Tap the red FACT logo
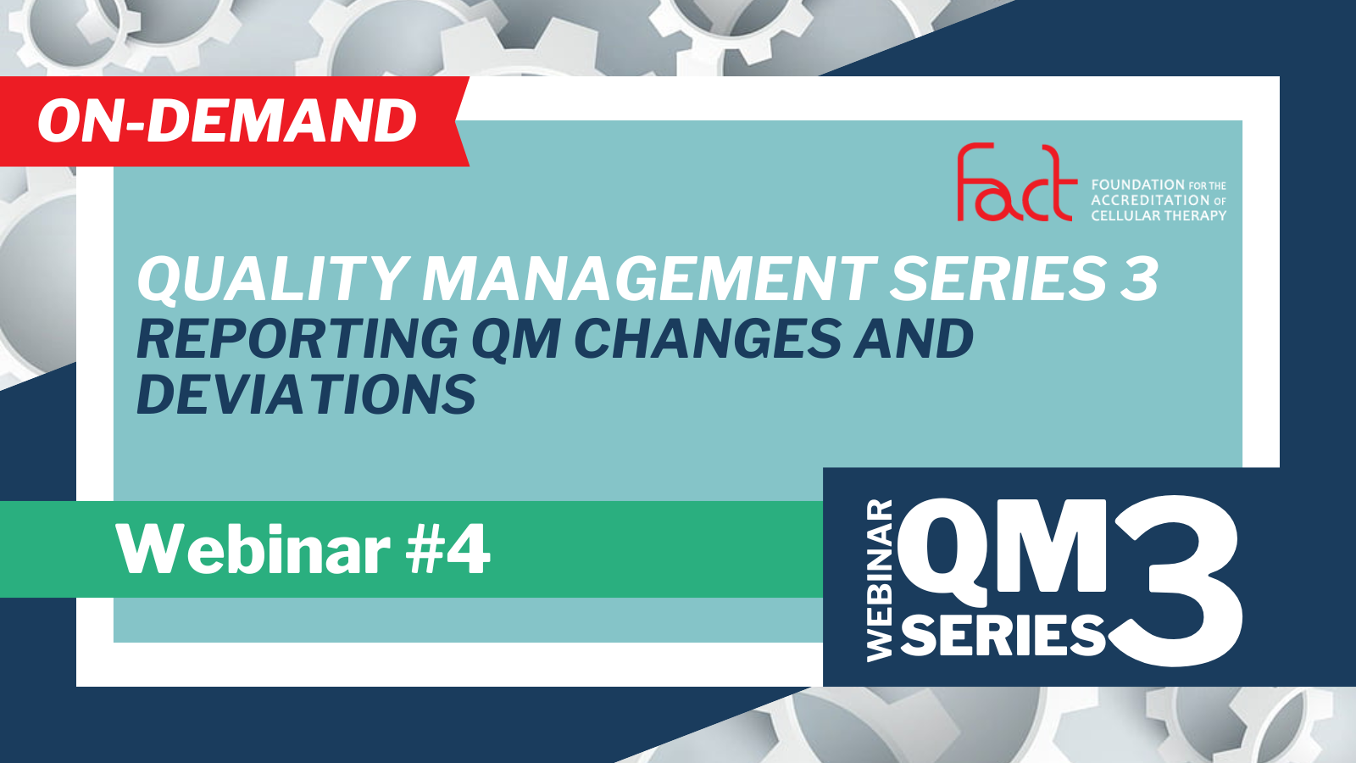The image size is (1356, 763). tap(1017, 181)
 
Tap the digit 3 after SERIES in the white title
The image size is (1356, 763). tap(1139, 279)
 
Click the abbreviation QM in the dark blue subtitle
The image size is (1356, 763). tap(516, 340)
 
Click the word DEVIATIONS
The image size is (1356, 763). tap(306, 394)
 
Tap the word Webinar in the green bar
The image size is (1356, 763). tap(253, 550)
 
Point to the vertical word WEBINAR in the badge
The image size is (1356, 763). tap(881, 580)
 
